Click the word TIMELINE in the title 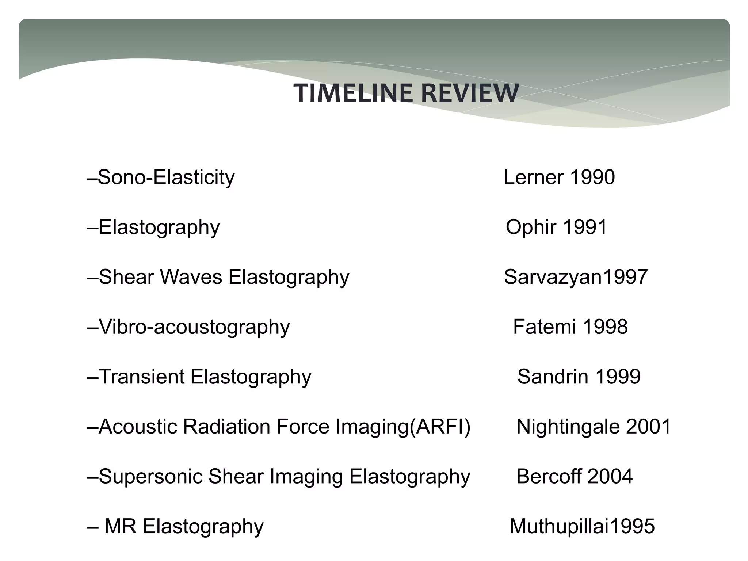353,93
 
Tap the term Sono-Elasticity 166,178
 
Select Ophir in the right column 531,227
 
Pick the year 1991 585,227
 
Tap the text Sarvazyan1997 576,277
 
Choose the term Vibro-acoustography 194,327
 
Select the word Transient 142,377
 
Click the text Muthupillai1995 582,526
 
